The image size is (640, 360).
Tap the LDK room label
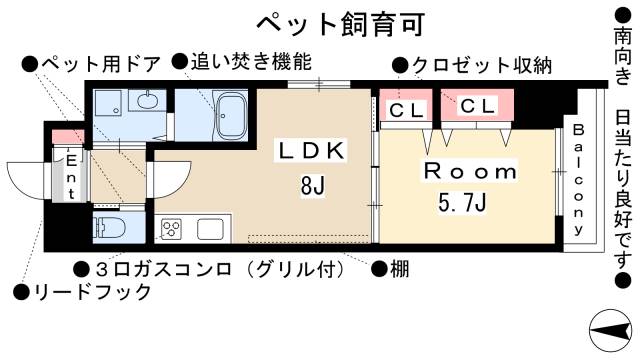click(x=311, y=151)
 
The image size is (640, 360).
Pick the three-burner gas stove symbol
click(x=170, y=229)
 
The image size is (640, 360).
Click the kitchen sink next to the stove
click(x=210, y=229)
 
